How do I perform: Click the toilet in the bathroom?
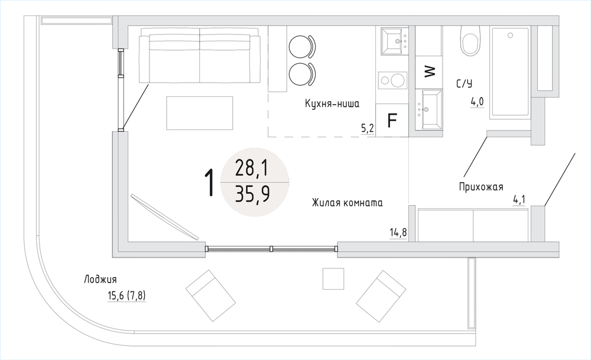[470, 40]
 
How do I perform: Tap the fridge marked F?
[392, 120]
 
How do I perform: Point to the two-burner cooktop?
[392, 80]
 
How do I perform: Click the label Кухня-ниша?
[332, 103]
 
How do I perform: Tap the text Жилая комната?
[347, 203]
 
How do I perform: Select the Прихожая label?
[481, 187]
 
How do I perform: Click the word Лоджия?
[100, 280]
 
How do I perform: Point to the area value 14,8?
[398, 232]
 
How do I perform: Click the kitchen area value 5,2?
[367, 129]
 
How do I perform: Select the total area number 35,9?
[252, 194]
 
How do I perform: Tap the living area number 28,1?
[251, 168]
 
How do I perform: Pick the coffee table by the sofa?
[199, 113]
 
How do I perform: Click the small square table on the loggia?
[333, 278]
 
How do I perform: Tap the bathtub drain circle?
[511, 35]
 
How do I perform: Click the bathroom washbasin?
[429, 110]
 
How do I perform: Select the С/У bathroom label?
[464, 84]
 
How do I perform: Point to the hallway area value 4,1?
[519, 199]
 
